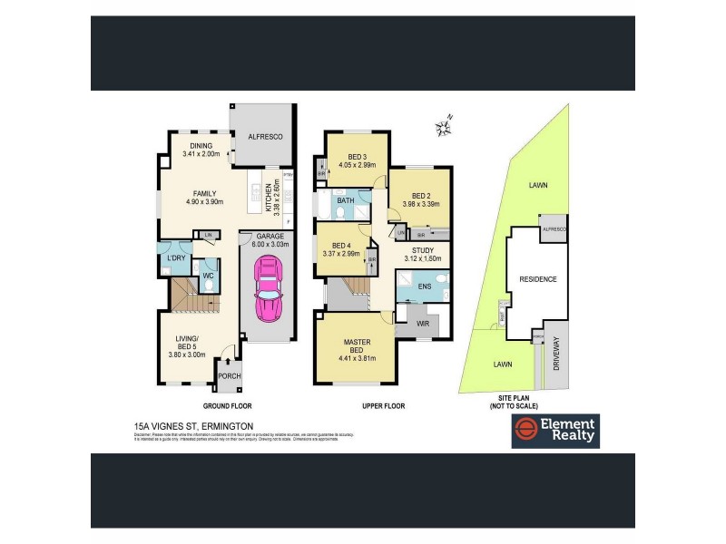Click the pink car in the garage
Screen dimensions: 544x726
[269, 287]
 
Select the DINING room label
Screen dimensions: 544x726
[201, 146]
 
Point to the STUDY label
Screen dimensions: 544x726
[422, 250]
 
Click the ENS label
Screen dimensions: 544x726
[424, 287]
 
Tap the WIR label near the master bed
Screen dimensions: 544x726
[421, 322]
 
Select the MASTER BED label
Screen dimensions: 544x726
[356, 346]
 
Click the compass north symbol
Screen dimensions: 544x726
[444, 126]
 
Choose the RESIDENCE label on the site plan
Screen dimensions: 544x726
[537, 278]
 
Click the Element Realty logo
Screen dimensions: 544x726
[554, 432]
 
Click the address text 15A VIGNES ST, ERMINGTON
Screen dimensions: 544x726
[191, 425]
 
